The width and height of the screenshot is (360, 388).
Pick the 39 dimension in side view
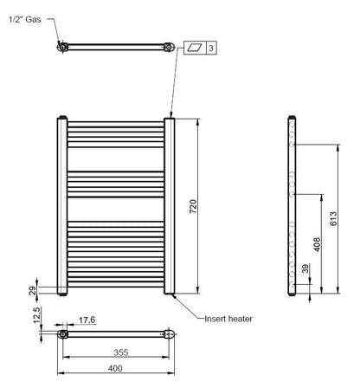304,270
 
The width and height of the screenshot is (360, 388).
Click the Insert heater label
228,319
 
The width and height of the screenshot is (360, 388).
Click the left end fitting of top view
61,47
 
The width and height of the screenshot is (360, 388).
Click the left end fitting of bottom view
62,333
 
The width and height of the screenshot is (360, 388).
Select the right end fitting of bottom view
170,333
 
